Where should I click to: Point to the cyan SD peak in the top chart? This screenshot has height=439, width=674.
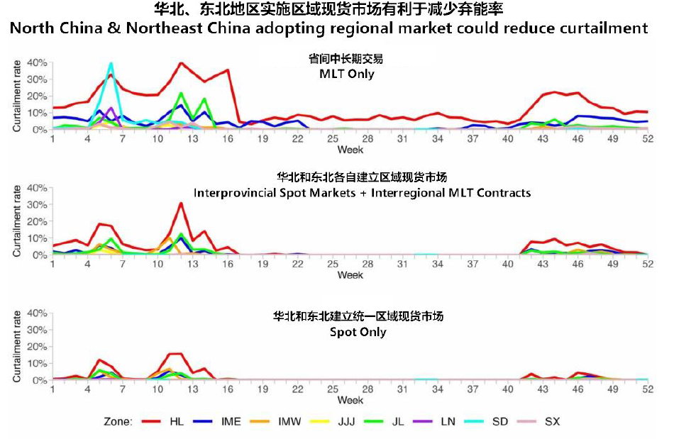[x=111, y=64]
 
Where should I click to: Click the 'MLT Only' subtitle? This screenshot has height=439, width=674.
[x=347, y=73]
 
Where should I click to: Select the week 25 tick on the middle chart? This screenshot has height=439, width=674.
[x=332, y=265]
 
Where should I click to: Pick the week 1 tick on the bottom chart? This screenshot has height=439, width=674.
[x=53, y=389]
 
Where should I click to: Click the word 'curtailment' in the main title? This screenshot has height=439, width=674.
[x=601, y=28]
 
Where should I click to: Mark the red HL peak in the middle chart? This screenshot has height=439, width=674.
[x=181, y=204]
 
